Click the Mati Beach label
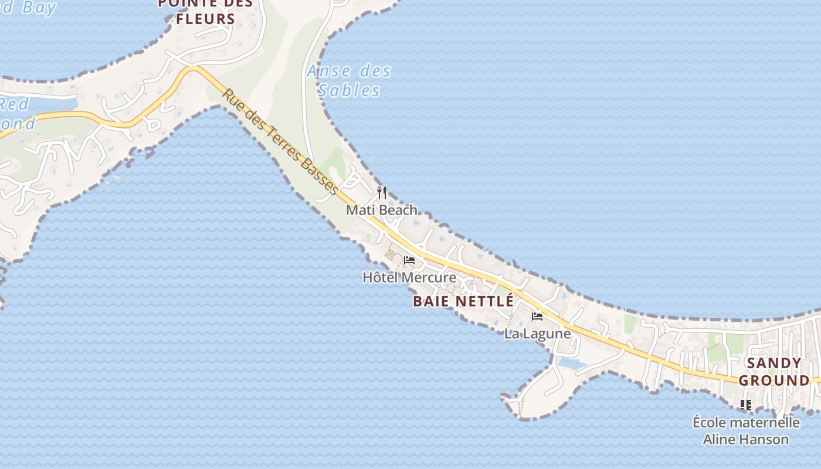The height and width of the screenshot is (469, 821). pos(382,210)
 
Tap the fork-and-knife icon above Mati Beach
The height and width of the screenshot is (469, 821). pos(382,192)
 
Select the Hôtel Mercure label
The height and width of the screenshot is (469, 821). pos(409,277)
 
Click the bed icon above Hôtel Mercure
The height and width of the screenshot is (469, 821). pos(409,260)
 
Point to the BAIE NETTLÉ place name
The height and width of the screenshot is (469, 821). pos(463,301)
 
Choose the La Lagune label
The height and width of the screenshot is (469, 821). pos(538,334)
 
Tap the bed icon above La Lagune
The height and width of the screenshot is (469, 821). pos(537,317)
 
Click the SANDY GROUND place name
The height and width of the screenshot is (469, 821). pos(774,372)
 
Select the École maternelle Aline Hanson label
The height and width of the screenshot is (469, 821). pos(746,430)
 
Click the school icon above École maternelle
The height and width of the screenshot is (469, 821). pos(746,405)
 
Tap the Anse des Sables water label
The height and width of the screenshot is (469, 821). pos(350,81)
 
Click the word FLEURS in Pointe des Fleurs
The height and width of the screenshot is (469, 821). pos(205,19)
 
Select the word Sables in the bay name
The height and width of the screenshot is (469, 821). pos(350,91)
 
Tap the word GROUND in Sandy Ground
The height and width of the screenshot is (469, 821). pos(774,380)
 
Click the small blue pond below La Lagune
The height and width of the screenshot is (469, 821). pos(571,363)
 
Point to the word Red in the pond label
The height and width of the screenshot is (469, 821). pos(14,104)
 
